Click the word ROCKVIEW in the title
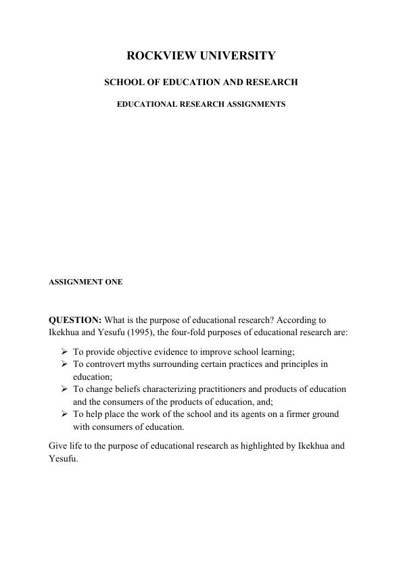click(158, 56)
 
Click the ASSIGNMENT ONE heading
click(86, 282)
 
